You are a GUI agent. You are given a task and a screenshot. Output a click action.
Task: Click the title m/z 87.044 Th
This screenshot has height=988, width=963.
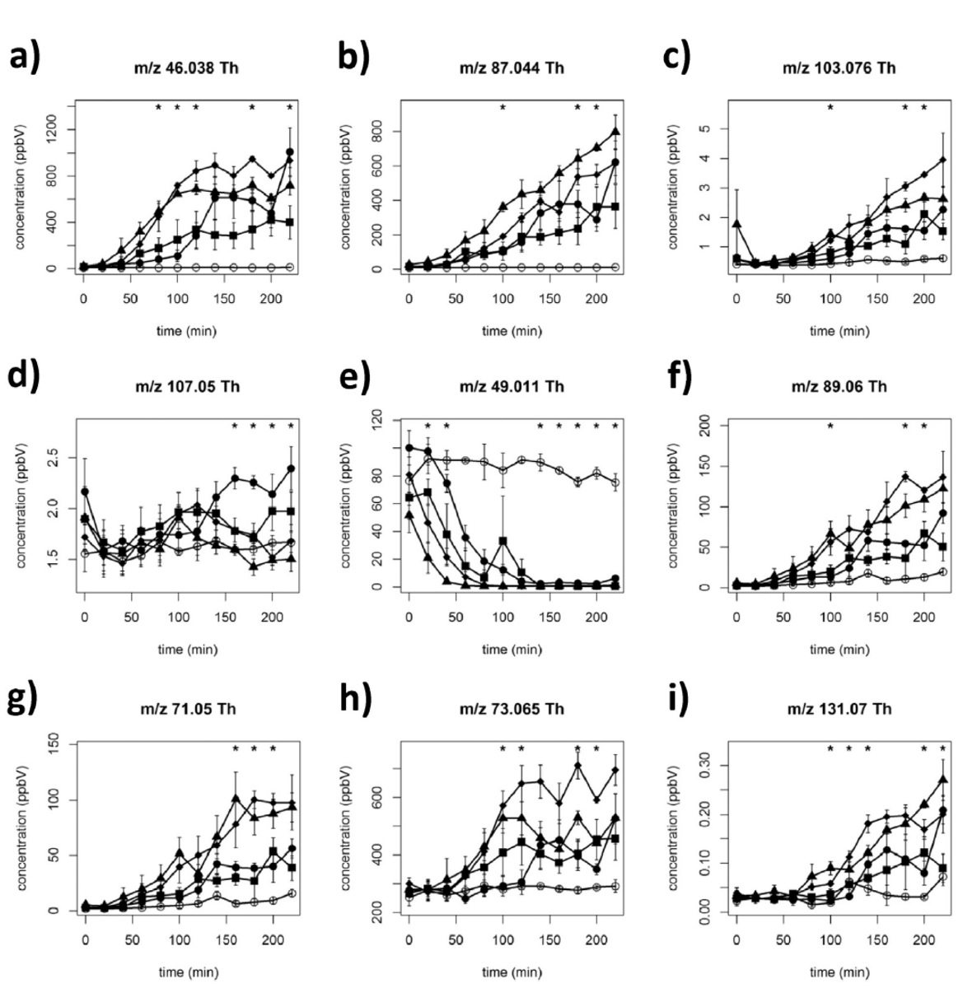512,68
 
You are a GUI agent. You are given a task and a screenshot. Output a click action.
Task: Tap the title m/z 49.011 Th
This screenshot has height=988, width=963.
512,385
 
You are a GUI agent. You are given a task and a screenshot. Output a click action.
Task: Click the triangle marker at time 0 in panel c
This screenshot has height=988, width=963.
736,224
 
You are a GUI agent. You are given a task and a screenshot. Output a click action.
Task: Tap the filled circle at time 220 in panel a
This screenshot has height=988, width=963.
289,152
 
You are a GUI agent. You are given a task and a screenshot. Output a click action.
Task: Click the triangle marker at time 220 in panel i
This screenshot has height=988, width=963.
942,779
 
